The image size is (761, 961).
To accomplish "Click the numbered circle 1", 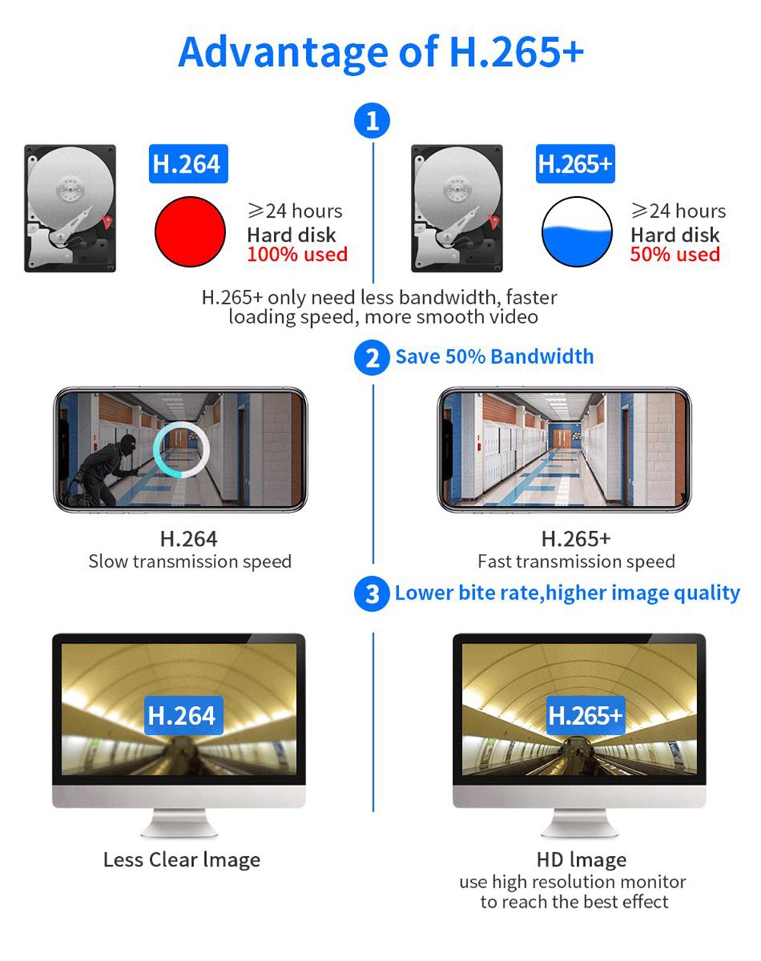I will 372,121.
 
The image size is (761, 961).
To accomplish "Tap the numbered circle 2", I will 372,357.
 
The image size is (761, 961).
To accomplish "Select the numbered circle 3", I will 372,593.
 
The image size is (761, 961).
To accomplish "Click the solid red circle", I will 190,231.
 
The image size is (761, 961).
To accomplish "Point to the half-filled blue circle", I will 577,231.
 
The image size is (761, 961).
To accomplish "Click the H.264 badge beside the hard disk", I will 186,164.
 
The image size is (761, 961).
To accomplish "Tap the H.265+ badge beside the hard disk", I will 575,164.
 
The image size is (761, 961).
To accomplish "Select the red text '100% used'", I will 297,255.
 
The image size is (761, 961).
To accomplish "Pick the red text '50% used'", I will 675,255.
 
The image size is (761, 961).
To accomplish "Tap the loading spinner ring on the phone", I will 181,449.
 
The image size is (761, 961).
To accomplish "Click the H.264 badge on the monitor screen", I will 182,715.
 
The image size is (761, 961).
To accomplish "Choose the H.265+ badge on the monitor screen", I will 585,715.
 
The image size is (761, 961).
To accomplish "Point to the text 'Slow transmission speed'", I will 189,562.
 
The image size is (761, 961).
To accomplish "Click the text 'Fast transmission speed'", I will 576,562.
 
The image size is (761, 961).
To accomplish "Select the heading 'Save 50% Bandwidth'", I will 494,357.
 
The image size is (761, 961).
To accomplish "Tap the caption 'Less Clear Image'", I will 182,860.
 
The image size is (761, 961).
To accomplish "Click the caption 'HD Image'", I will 581,860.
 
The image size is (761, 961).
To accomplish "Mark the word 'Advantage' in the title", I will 283,52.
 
